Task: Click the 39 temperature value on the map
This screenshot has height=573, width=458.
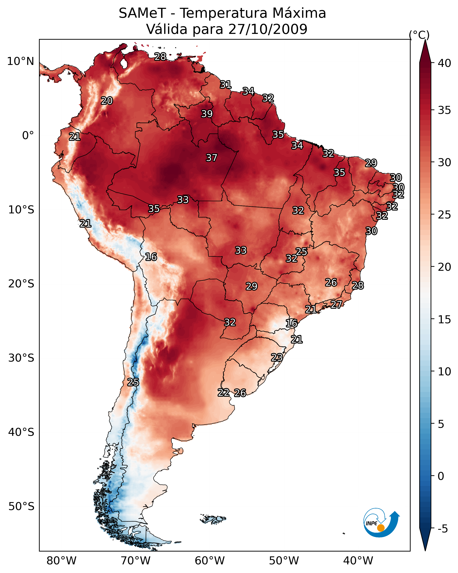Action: [207, 114]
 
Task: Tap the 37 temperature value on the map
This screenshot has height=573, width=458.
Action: [212, 158]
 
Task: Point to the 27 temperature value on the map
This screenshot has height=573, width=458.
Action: [336, 304]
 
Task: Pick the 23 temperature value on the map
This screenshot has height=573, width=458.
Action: [277, 357]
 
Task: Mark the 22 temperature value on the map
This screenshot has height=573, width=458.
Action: [224, 393]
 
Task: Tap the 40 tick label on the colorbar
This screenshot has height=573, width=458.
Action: [444, 63]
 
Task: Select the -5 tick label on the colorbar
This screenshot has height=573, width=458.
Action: [442, 529]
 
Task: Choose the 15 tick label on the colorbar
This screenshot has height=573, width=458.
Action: [444, 320]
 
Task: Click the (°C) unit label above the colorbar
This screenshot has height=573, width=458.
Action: [419, 35]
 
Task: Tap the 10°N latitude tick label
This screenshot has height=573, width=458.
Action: [20, 61]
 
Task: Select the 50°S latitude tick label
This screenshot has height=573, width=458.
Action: [21, 507]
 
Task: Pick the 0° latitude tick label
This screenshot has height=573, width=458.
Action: [28, 136]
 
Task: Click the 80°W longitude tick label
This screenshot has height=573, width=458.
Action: [61, 561]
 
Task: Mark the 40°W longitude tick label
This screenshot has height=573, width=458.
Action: [358, 561]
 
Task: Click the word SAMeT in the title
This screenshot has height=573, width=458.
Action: [142, 13]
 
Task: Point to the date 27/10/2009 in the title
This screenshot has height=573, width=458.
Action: [268, 29]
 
